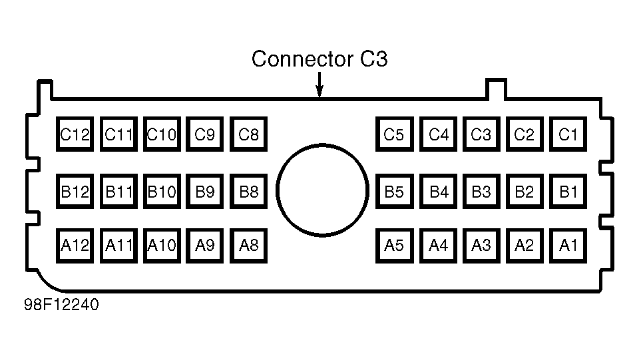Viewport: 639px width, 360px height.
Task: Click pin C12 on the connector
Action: point(75,134)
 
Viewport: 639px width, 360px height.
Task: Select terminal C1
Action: point(568,134)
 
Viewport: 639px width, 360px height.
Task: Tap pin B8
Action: point(248,192)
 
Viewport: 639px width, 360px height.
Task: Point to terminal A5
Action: point(395,246)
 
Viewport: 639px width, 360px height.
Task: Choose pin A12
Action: point(75,246)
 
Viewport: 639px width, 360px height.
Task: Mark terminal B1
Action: point(568,192)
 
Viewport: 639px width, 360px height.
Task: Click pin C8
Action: point(248,134)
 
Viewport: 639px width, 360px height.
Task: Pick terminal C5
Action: point(395,134)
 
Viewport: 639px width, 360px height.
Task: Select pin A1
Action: point(568,246)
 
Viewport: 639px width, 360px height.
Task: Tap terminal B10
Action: point(162,192)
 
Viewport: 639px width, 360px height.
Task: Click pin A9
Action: point(204,246)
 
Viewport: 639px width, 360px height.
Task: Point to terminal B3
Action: point(481,192)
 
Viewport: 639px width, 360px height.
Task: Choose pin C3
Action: point(481,134)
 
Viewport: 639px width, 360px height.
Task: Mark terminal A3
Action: point(481,246)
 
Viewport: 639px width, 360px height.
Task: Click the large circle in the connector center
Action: point(277,190)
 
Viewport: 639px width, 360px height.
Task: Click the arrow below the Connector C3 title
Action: point(320,85)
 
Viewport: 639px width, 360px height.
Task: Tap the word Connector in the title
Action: point(302,59)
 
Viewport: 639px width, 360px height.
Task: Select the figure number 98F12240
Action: point(61,305)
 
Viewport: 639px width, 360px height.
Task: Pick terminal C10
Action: point(162,134)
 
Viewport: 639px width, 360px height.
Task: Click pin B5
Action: point(395,192)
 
